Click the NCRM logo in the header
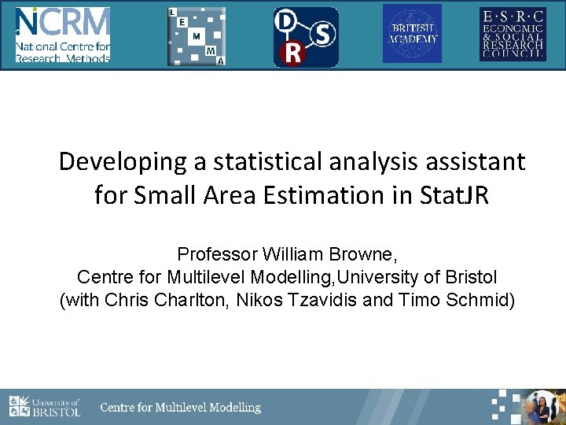(63, 35)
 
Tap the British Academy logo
(412, 34)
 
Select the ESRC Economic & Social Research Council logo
(512, 34)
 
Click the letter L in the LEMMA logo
(173, 13)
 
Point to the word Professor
(218, 254)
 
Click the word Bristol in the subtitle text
(469, 277)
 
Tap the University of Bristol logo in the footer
(45, 407)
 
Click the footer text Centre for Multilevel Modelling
(180, 408)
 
